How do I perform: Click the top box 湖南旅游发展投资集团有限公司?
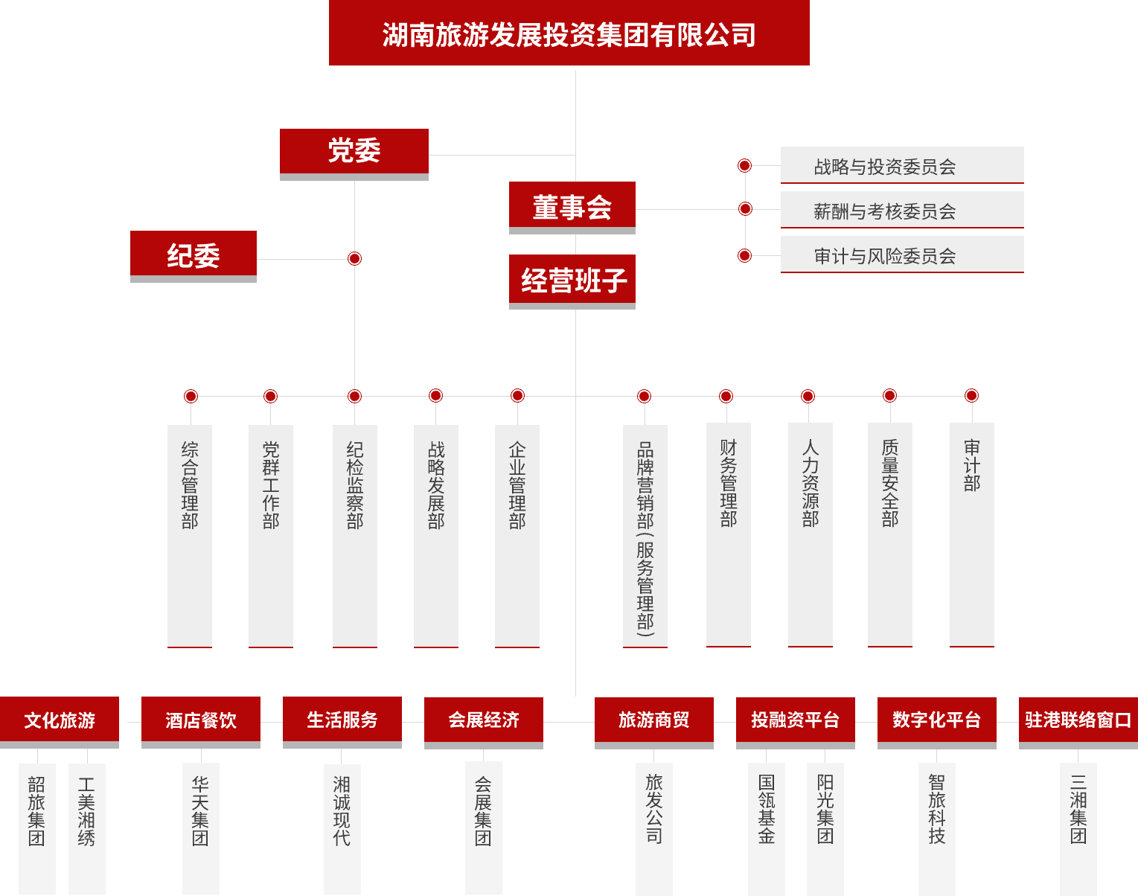pyautogui.click(x=569, y=33)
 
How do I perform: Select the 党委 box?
pyautogui.click(x=354, y=152)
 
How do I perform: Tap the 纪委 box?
pyautogui.click(x=193, y=255)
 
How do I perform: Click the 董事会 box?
pyautogui.click(x=572, y=206)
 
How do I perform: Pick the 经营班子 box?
pyautogui.click(x=572, y=281)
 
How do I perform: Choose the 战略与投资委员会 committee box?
pyautogui.click(x=901, y=165)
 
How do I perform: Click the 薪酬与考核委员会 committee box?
pyautogui.click(x=901, y=210)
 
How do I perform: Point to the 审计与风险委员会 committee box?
pyautogui.click(x=901, y=255)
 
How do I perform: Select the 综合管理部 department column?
pyautogui.click(x=190, y=535)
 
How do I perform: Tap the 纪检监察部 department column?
pyautogui.click(x=354, y=535)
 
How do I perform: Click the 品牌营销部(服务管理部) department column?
pyautogui.click(x=645, y=535)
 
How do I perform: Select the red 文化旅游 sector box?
pyautogui.click(x=60, y=720)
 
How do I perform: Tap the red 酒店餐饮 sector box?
pyautogui.click(x=201, y=720)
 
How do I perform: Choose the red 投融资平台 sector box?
pyautogui.click(x=795, y=720)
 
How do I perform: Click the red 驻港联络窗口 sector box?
pyautogui.click(x=1078, y=720)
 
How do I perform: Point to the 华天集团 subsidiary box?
pyautogui.click(x=200, y=827)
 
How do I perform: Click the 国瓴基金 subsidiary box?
pyautogui.click(x=766, y=827)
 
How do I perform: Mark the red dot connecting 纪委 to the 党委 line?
pyautogui.click(x=354, y=258)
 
